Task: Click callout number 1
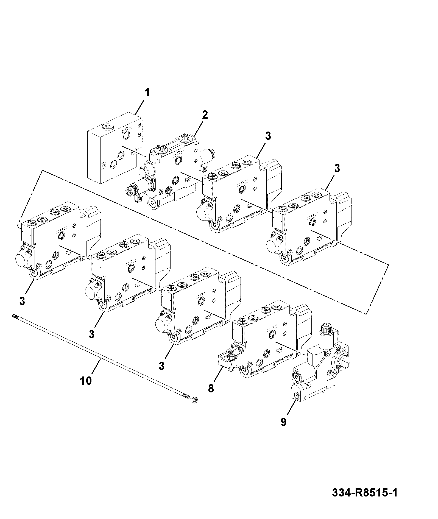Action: tap(147, 93)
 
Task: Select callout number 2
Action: tap(205, 115)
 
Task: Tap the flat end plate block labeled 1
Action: tap(115, 147)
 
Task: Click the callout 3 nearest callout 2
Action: tap(268, 136)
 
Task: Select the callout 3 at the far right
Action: tap(337, 168)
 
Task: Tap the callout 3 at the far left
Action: tap(22, 301)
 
